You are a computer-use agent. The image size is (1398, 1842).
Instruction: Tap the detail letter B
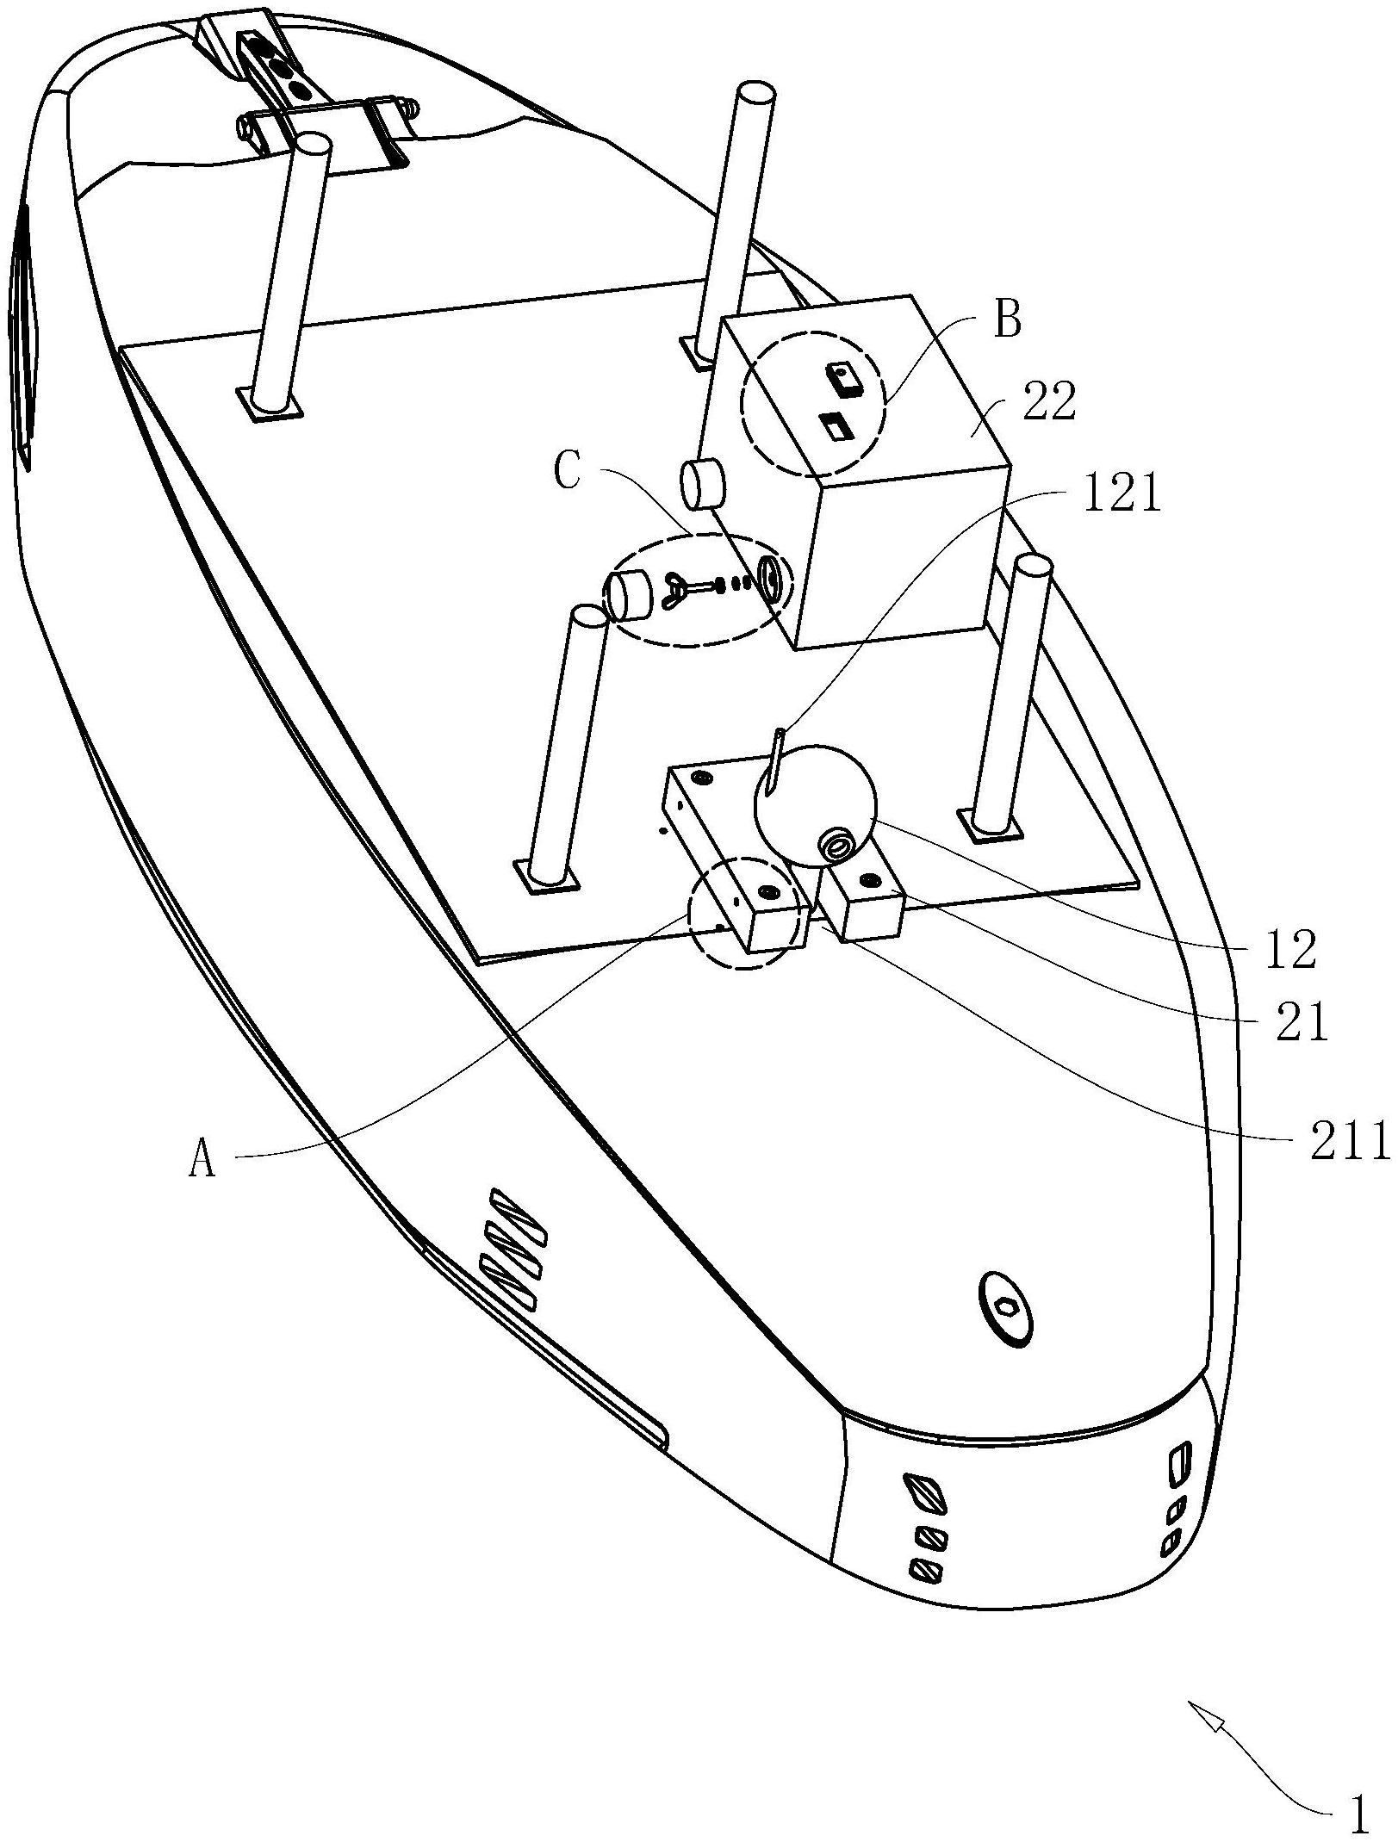tap(1007, 322)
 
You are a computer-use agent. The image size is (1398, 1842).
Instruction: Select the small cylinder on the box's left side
tap(703, 485)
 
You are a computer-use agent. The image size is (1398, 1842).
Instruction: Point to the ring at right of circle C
tap(772, 577)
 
